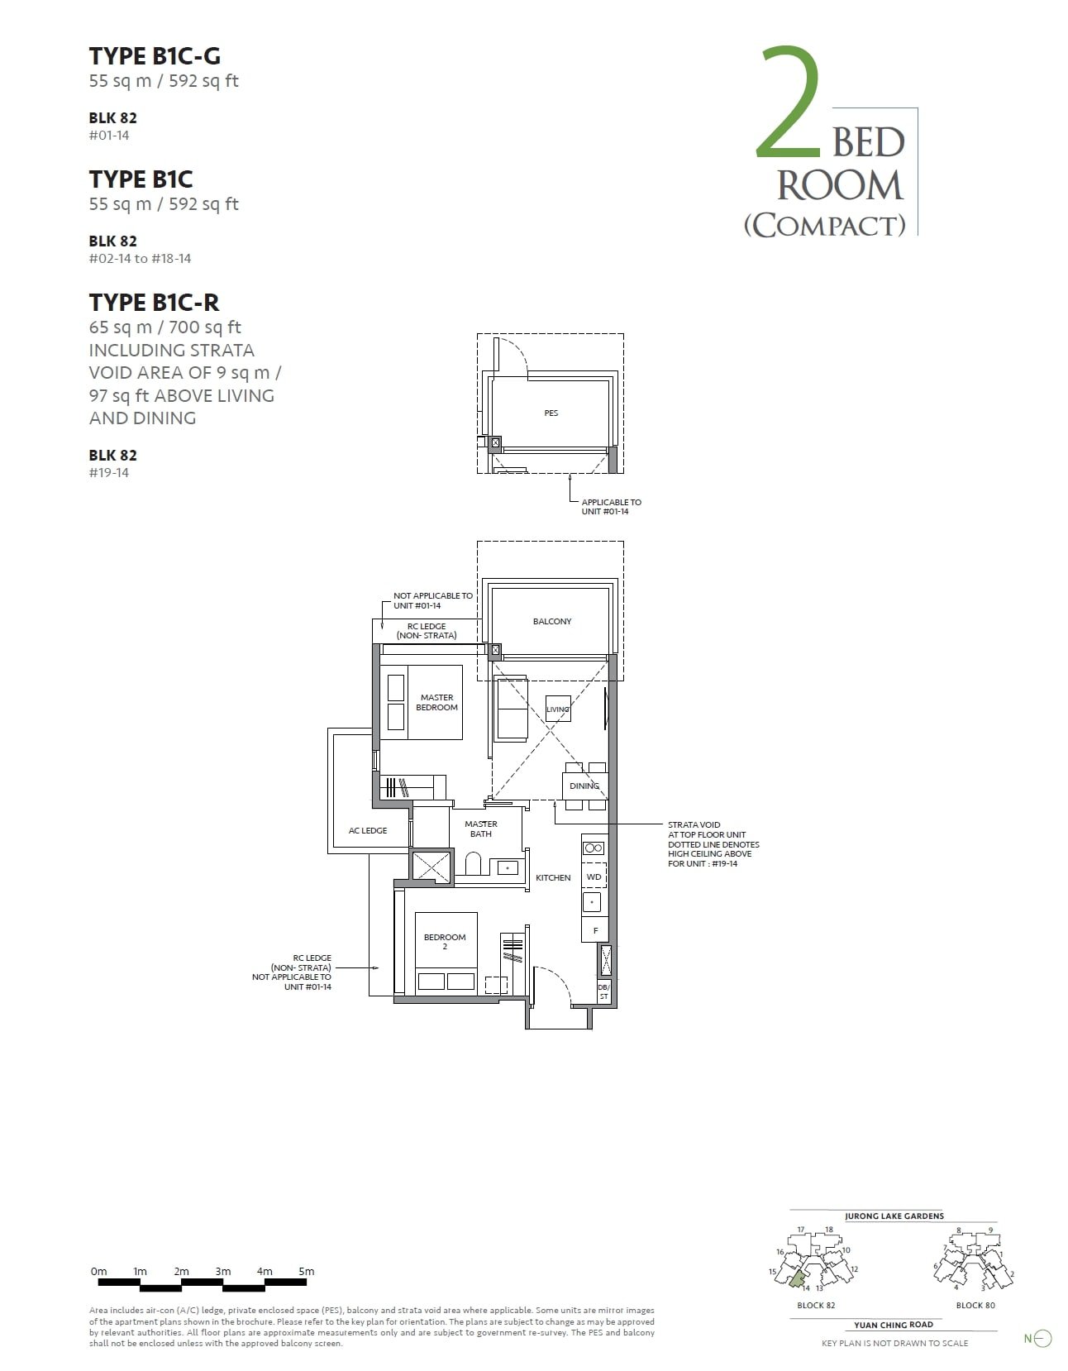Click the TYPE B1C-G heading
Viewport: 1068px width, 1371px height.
[155, 55]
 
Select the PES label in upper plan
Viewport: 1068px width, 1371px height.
[551, 413]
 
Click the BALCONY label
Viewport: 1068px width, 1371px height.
[551, 621]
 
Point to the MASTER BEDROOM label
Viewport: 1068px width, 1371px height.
[436, 702]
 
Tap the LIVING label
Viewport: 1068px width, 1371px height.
[557, 709]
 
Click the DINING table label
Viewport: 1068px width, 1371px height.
[584, 786]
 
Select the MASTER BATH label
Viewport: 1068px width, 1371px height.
[480, 829]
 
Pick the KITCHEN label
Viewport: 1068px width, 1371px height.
[553, 877]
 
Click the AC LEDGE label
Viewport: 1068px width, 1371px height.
[368, 830]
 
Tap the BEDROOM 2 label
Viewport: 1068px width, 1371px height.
[445, 941]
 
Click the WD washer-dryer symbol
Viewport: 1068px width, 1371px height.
[594, 877]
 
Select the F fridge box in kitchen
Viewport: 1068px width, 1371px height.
[595, 930]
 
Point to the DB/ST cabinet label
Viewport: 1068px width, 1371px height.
[603, 992]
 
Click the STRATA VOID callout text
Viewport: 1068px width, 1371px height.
[713, 843]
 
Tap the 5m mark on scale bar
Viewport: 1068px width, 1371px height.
[306, 1271]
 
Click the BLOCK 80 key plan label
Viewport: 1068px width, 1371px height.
[975, 1305]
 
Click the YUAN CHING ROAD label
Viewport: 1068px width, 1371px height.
[893, 1324]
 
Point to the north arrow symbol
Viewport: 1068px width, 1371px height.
[1042, 1338]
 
